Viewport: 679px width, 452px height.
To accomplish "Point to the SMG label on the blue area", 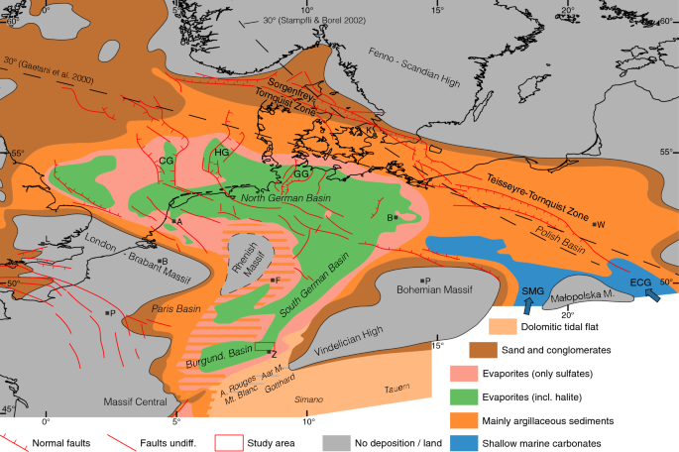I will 533,289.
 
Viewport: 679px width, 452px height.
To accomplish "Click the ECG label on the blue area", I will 639,282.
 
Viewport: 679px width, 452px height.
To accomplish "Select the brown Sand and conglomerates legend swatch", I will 484,349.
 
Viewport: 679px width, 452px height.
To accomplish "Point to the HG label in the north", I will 221,152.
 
